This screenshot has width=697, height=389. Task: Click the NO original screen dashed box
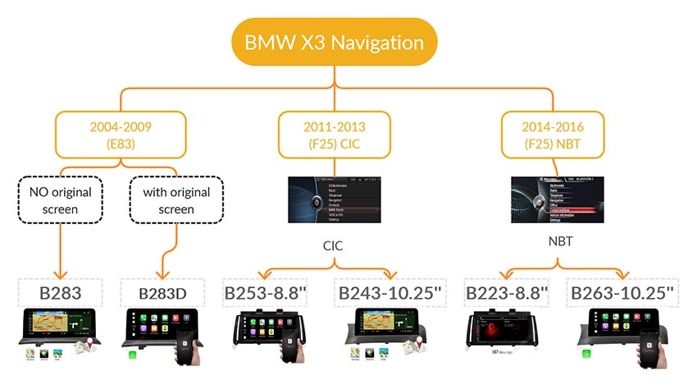(x=60, y=201)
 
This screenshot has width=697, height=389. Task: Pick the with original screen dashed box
(x=176, y=201)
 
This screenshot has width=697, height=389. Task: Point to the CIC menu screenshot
(x=334, y=199)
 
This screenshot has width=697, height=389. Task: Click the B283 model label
(x=60, y=293)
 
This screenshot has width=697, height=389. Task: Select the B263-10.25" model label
(x=622, y=293)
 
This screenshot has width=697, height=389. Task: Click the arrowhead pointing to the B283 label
(x=60, y=273)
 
